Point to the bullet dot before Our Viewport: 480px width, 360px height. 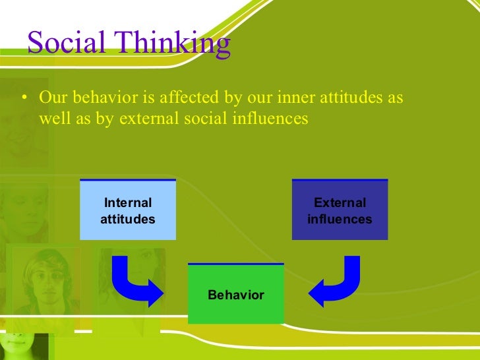(24, 99)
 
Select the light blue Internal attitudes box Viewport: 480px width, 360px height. (128, 210)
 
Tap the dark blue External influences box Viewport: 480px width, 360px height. (340, 210)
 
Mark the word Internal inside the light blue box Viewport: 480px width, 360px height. (128, 203)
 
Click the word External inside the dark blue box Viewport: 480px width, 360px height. (340, 203)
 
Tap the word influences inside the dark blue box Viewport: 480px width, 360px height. (340, 218)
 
